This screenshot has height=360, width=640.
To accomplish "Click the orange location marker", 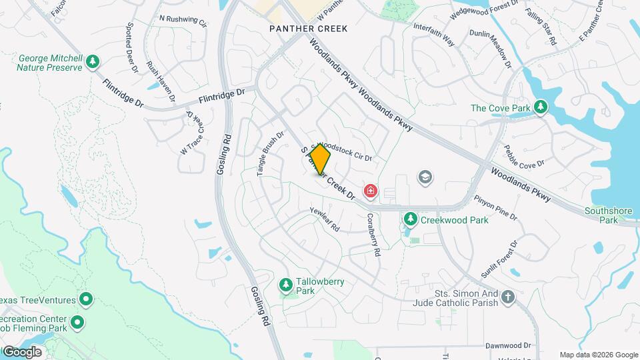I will click(320, 159).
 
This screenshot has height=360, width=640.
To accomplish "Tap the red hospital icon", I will click(370, 192).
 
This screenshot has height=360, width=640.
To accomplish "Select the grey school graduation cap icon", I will click(424, 177).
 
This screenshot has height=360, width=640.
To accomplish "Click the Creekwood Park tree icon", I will click(411, 219).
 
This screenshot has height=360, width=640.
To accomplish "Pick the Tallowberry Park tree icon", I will click(286, 286).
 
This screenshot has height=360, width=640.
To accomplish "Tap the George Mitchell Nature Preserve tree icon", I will click(93, 63).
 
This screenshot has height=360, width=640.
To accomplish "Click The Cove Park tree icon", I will click(541, 107).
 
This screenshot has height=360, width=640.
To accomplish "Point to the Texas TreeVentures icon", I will click(85, 299).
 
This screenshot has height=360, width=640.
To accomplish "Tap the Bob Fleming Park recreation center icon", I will click(77, 323).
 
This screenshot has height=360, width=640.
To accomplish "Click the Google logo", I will click(22, 351).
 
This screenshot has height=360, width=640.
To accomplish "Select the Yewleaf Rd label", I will click(325, 219).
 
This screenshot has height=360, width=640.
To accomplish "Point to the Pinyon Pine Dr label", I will click(495, 207).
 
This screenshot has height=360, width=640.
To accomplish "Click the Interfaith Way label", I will click(433, 35).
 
